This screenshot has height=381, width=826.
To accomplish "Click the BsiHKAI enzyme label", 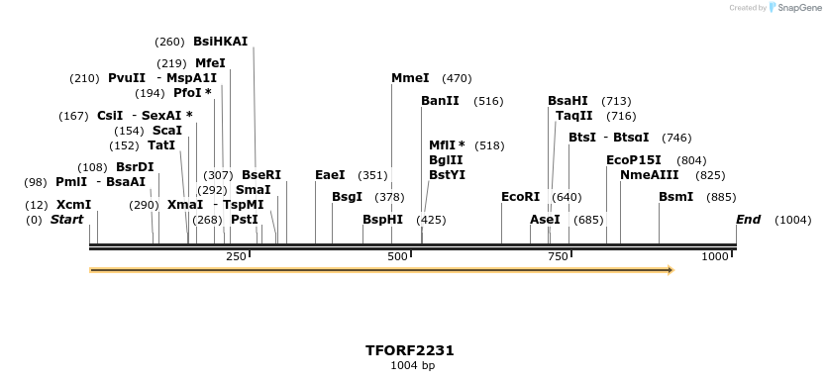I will point(220,42).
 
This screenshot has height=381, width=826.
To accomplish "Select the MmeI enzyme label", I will point(410,78).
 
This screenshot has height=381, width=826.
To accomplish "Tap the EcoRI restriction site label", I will point(520,197).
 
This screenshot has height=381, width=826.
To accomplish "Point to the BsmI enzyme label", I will point(675,197).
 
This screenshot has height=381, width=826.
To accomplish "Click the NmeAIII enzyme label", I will point(649,174).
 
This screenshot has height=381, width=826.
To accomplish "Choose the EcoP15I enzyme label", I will point(633,159).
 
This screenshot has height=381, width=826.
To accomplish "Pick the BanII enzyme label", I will point(440,101).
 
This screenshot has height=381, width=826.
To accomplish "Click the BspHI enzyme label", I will point(382,220).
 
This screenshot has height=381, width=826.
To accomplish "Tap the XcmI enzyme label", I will point(73,205).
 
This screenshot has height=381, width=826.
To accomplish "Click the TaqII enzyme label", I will point(573,116).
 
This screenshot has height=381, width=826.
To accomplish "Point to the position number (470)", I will point(457,78).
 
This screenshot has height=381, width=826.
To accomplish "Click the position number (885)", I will point(721,197).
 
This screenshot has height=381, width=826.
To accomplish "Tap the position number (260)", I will point(169,42).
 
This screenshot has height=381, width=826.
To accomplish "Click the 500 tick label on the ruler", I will point(397,257).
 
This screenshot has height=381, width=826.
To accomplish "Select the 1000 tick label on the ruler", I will point(715,257).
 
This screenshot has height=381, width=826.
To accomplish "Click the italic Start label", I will point(66,220).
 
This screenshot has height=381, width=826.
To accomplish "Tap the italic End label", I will point(748,220).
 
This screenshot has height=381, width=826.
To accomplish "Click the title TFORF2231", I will point(410,350).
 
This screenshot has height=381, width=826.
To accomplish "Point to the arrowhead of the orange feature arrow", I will point(671,269).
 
